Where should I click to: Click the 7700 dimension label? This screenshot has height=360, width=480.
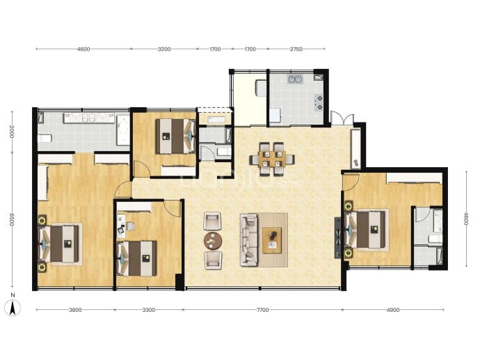(262, 310)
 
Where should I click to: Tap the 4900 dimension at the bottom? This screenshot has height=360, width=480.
(393, 310)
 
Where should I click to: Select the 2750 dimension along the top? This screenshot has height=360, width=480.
(296, 49)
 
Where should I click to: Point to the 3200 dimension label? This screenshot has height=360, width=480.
(164, 49)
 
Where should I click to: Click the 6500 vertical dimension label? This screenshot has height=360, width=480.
(12, 219)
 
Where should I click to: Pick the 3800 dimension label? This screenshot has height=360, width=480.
(75, 310)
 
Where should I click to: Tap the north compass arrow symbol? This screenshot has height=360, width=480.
(13, 308)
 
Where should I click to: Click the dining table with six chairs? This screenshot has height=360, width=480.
(272, 159)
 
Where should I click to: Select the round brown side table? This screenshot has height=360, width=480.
(213, 240)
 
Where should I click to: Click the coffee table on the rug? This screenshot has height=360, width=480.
(272, 240)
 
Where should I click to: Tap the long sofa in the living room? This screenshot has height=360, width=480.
(248, 240)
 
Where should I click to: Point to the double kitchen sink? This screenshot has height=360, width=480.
(295, 79)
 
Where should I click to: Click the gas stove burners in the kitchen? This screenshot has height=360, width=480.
(319, 102)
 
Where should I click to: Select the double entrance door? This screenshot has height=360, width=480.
(342, 118)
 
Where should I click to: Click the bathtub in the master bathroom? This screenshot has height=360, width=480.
(123, 130)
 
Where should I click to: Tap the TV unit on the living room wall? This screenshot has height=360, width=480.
(337, 237)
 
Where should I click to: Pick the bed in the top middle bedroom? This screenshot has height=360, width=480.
(175, 136)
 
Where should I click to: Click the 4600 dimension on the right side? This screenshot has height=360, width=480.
(466, 219)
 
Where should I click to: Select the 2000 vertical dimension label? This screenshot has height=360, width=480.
(12, 132)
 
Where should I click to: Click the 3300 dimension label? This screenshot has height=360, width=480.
(149, 310)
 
